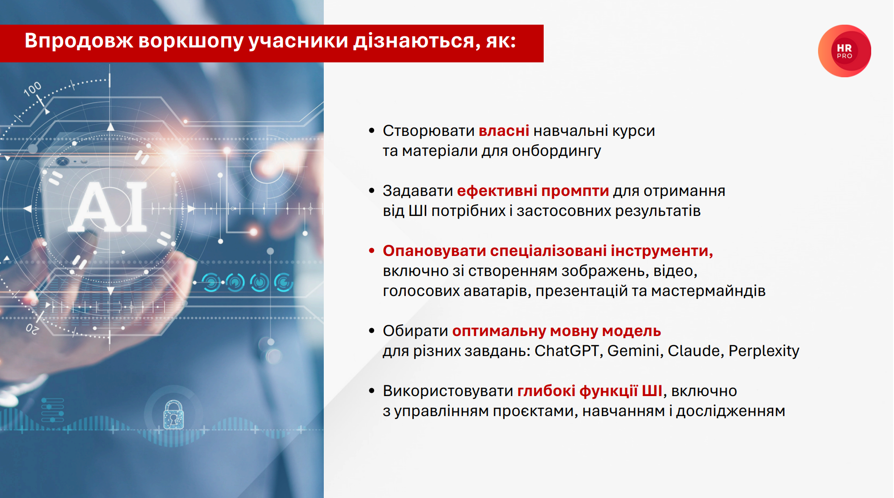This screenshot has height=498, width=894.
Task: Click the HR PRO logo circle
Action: (844, 51)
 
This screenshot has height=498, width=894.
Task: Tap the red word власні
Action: (504, 131)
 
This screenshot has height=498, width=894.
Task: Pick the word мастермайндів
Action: (708, 291)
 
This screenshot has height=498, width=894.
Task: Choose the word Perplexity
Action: (764, 351)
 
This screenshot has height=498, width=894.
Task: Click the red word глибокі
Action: (546, 391)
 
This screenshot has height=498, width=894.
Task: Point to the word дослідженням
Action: (730, 411)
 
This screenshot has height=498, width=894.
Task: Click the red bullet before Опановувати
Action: (372, 251)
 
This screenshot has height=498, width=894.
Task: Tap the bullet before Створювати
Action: (372, 131)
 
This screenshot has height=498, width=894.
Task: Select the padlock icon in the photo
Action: (173, 414)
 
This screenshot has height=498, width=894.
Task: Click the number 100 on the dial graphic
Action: (33, 89)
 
